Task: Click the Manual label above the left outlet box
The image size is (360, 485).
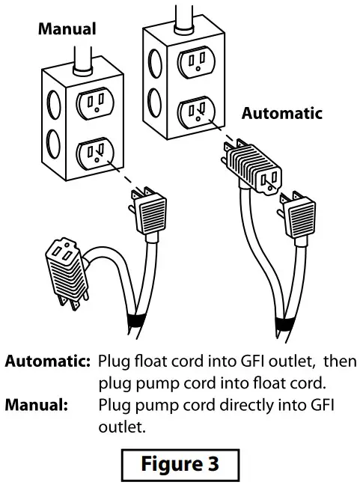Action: point(67,30)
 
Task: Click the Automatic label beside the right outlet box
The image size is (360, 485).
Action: point(281,114)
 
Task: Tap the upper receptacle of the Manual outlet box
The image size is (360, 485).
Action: point(96,101)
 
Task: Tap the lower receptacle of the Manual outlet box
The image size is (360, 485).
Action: point(94,153)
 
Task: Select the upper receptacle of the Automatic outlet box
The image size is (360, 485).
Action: point(195,60)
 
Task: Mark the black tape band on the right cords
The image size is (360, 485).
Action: point(281,323)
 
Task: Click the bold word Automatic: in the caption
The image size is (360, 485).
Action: point(49,361)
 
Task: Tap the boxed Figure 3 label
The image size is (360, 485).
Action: point(180,464)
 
